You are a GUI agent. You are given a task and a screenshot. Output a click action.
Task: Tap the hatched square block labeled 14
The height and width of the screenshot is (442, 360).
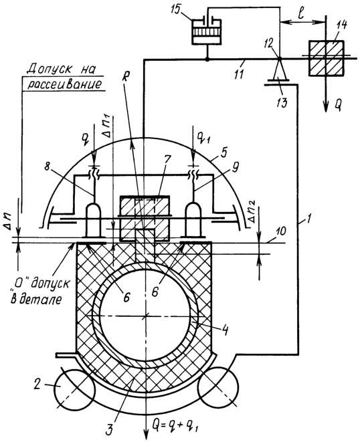pos(326,58)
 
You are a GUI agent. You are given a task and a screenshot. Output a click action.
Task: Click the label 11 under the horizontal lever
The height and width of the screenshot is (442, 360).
pos(240,74)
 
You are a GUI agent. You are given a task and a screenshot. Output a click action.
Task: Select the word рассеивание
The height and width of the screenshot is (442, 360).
pos(63,84)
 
